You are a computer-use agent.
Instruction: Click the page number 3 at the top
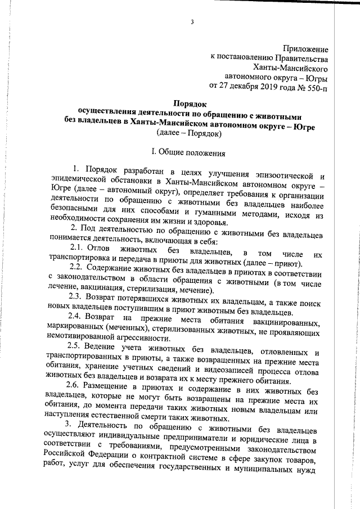pyautogui.click(x=192, y=23)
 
